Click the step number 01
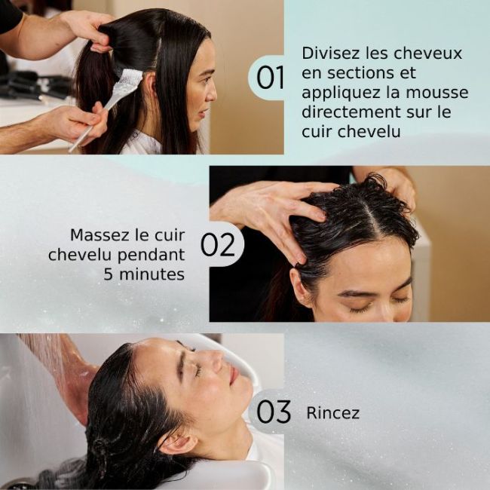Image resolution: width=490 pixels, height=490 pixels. (271, 78)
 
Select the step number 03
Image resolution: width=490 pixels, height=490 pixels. (273, 412)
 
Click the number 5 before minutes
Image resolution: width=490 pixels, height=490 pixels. (109, 274)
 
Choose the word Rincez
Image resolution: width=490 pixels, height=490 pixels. (332, 413)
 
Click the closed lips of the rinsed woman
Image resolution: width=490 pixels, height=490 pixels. (234, 374)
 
